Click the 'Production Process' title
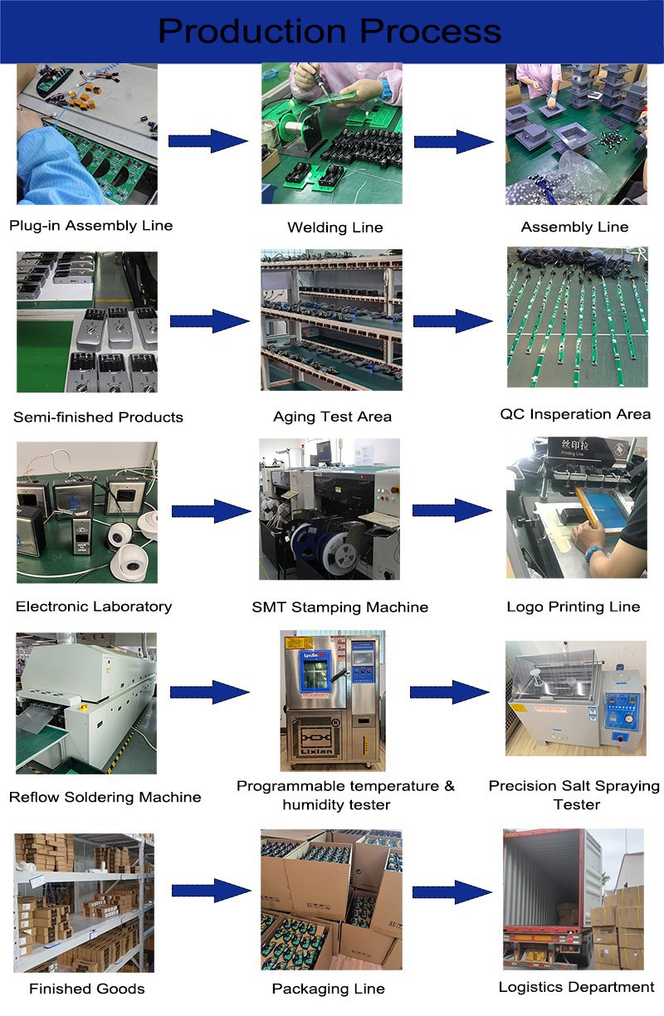[330, 31]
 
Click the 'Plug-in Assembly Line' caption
[91, 225]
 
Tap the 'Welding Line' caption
[334, 227]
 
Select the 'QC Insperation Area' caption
[575, 413]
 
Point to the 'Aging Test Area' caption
[332, 416]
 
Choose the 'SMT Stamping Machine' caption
[339, 607]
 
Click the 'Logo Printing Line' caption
[574, 606]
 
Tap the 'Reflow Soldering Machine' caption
[105, 797]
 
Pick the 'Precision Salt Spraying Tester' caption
[574, 794]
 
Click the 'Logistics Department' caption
[576, 987]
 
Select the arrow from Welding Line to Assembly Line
[453, 141]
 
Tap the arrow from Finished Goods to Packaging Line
[211, 891]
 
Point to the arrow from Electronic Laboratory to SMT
[209, 511]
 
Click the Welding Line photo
[332, 134]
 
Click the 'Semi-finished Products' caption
[98, 417]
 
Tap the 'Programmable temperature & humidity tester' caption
[345, 794]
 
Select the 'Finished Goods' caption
[86, 989]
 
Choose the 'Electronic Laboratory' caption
[94, 606]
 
